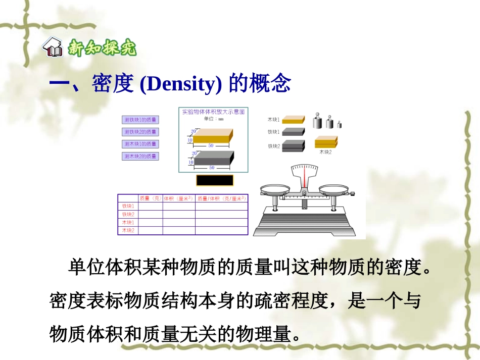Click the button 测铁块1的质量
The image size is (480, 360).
click(140, 120)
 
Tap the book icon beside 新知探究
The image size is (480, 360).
click(53, 49)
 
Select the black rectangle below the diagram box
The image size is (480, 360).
click(215, 180)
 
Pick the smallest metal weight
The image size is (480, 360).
click(340, 124)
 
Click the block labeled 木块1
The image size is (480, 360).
click(293, 120)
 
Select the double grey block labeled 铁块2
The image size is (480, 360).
click(293, 146)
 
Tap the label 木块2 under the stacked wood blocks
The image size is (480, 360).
click(326, 151)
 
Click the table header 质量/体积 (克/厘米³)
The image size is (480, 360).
click(221, 198)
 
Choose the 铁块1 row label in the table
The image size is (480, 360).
click(128, 206)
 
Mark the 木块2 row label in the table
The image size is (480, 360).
click(128, 230)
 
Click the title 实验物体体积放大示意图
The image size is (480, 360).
click(213, 112)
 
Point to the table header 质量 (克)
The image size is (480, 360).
click(150, 198)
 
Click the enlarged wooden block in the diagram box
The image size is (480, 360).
click(212, 135)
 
